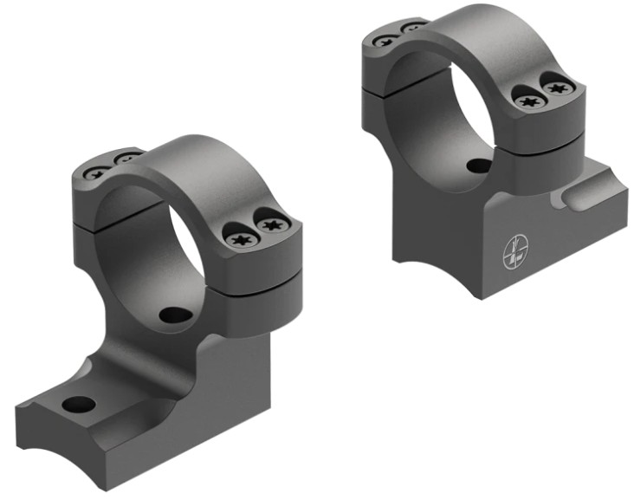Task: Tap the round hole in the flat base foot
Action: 79,404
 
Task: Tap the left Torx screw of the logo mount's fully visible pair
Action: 527,101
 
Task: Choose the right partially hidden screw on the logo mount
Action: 412,28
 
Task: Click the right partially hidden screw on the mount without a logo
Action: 127,159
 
